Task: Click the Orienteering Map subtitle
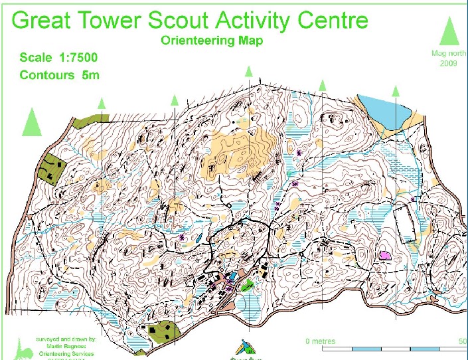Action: coord(212,41)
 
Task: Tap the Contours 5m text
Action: coord(60,74)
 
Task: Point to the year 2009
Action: coord(449,64)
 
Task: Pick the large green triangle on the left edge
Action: coord(32,122)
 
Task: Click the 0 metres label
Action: coord(321,341)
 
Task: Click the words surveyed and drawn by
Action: coord(69,339)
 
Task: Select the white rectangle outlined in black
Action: coord(406,223)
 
